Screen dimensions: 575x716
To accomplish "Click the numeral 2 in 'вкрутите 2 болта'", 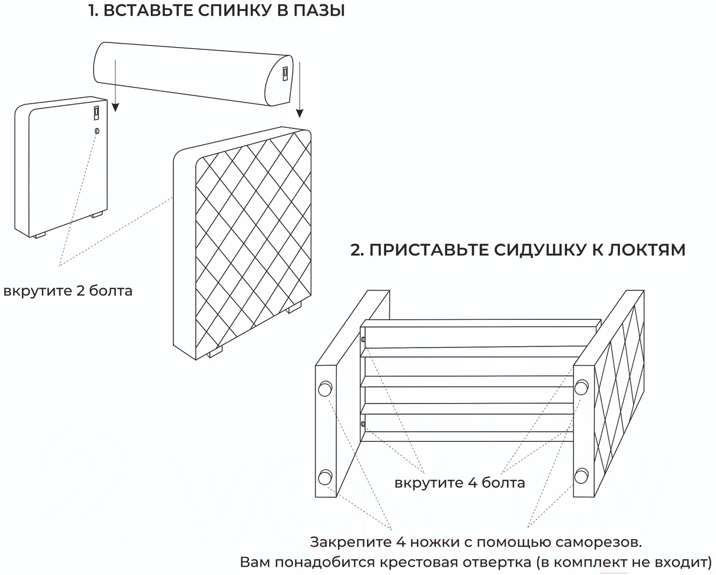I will [x=81, y=290].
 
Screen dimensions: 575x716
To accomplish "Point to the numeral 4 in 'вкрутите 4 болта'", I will [x=472, y=483].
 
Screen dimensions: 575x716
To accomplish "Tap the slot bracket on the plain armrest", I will [x=97, y=113].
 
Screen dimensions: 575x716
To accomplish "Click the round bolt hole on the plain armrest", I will [x=97, y=131].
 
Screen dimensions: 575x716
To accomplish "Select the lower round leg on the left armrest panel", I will [x=324, y=477].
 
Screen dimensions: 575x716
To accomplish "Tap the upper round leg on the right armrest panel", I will [x=581, y=387].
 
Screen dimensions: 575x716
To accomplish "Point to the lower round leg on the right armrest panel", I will [x=581, y=474].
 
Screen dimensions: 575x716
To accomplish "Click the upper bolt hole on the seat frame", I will [x=363, y=339].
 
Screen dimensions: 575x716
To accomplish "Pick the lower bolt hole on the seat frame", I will [x=363, y=424].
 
